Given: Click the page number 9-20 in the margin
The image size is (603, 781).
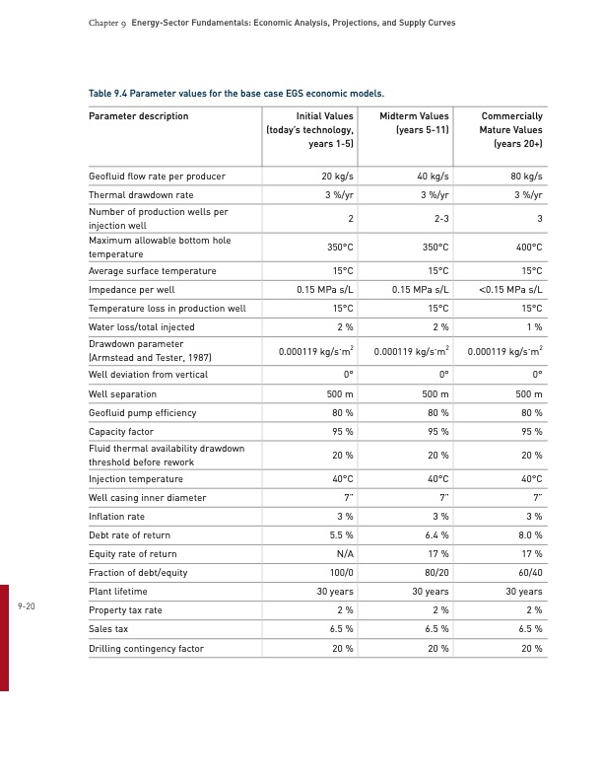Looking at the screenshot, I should tap(27, 606).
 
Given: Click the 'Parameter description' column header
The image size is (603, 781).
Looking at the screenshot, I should tap(138, 116).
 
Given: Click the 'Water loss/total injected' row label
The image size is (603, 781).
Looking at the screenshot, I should tap(142, 327).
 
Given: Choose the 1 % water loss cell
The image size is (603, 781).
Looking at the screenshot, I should tap(534, 327).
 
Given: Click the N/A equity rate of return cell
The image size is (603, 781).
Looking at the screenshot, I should tap(344, 554).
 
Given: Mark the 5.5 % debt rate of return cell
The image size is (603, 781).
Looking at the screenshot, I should tap(340, 535).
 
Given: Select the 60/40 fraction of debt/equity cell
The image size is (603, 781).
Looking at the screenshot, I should tap(528, 573).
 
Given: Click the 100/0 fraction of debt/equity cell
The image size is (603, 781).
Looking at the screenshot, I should tap(339, 573).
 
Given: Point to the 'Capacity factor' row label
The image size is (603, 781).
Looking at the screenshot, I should tap(122, 432).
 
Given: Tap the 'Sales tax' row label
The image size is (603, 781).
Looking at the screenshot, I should tap(108, 629).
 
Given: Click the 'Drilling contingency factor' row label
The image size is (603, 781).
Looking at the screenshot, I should tap(146, 648).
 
